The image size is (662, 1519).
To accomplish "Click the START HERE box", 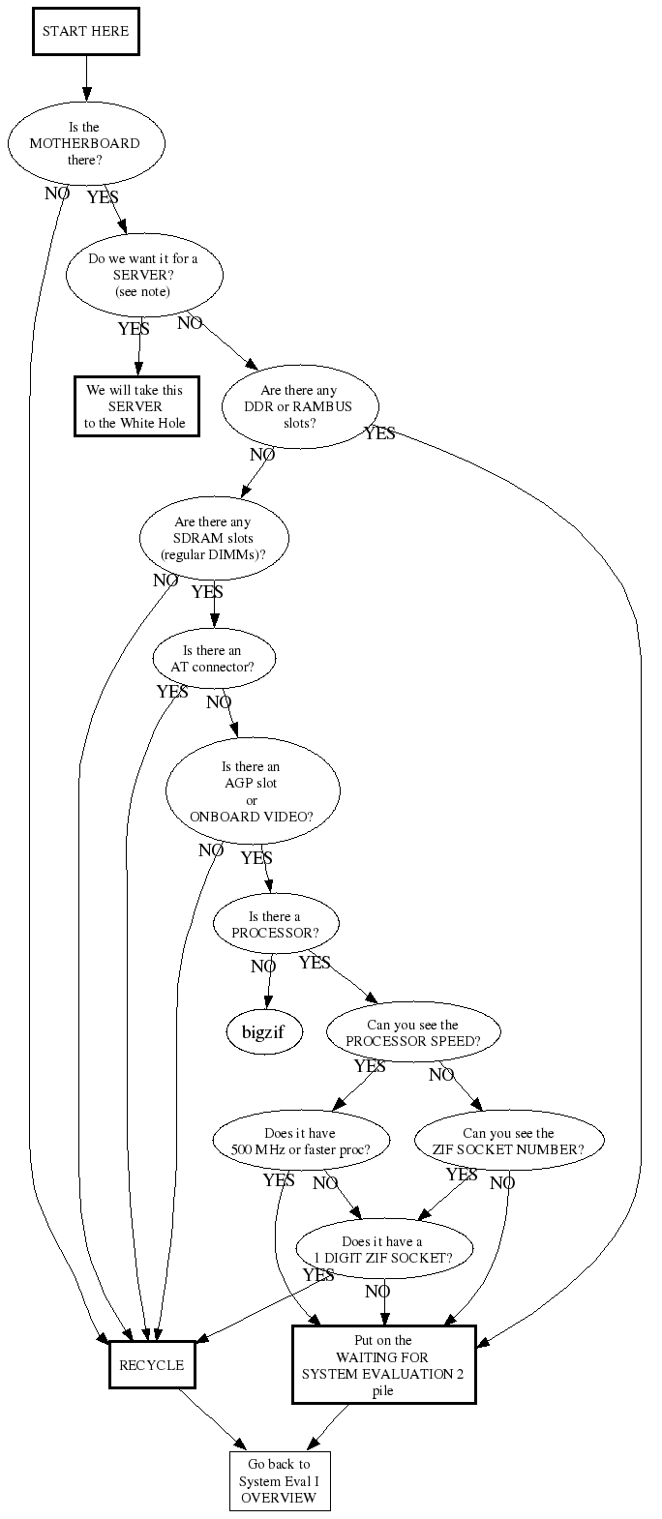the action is point(86,31).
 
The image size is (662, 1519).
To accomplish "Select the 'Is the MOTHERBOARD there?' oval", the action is point(86,144).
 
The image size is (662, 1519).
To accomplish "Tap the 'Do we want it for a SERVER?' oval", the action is point(144,276).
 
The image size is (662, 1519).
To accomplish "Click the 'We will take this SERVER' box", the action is point(136,406).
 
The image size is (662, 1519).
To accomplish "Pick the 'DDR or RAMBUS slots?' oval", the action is point(300,407).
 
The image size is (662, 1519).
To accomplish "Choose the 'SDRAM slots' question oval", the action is point(214,539).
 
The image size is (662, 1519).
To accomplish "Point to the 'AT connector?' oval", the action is point(214,659).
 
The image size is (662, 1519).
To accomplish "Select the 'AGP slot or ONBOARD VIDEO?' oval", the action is point(253,791).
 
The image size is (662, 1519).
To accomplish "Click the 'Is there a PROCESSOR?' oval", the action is point(276,924).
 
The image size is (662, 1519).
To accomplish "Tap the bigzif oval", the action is point(264,1032).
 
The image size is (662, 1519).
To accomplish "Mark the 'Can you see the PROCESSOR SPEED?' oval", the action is point(414,1032).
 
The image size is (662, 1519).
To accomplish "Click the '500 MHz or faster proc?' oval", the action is point(302,1142).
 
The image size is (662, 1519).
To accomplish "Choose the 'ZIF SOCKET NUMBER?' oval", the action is point(509,1142).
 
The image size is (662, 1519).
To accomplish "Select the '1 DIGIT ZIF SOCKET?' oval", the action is point(384,1250).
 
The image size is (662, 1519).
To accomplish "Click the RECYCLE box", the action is point(152,1365).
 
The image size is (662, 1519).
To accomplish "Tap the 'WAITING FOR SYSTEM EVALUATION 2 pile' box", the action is point(384,1364).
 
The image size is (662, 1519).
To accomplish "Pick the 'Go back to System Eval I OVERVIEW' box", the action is point(280,1481).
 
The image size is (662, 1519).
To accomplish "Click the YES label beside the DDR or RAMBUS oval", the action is point(379,433).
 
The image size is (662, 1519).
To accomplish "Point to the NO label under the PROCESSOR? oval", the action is point(263,967).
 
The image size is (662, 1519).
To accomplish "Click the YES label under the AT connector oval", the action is point(172,692).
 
